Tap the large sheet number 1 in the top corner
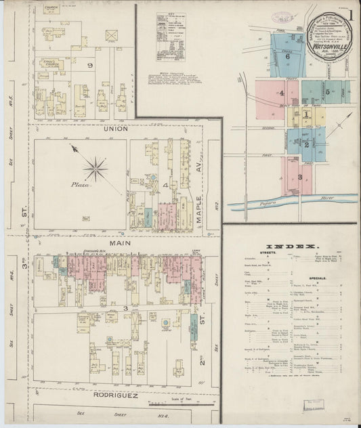tap(352, 15)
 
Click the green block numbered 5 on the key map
tap(327, 91)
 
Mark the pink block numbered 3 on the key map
tap(299, 176)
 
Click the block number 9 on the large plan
tap(90, 66)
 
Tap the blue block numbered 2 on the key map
tap(305, 144)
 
